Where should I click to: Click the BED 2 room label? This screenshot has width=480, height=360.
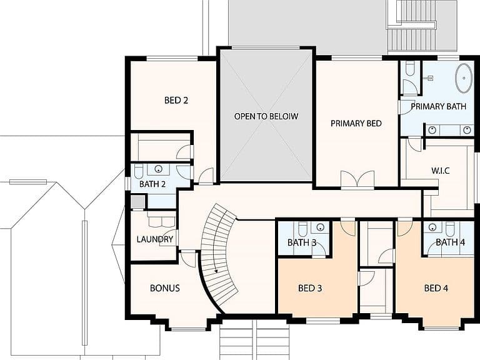tap(176, 101)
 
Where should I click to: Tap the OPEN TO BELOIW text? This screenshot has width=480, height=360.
tap(266, 116)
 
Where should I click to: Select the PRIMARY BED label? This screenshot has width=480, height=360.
tap(356, 123)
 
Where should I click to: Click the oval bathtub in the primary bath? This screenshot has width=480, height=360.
tap(464, 78)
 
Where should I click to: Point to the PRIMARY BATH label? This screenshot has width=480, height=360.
tap(438, 106)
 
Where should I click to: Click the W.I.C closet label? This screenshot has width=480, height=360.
tap(441, 171)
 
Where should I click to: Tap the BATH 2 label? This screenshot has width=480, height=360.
tap(152, 184)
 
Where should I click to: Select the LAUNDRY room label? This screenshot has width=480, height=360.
tap(155, 239)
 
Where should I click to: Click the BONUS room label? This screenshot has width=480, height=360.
tap(165, 288)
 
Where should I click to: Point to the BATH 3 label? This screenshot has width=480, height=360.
tap(302, 242)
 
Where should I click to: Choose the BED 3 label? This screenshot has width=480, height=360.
tap(310, 288)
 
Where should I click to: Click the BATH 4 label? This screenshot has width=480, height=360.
tap(450, 242)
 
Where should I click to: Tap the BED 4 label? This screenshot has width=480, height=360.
tap(436, 288)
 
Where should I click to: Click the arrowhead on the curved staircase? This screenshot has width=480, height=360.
tap(216, 270)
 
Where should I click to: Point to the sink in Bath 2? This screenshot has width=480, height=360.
tap(158, 169)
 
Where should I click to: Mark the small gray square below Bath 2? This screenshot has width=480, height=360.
tap(137, 202)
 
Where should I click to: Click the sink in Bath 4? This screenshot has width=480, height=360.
tap(432, 227)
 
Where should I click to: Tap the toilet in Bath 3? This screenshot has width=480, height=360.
tap(302, 228)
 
